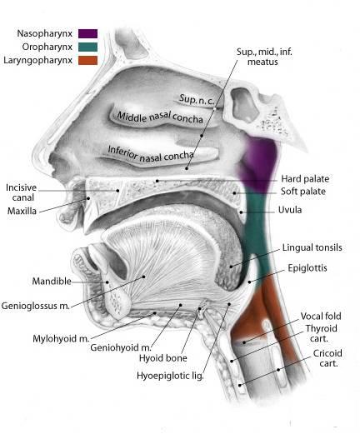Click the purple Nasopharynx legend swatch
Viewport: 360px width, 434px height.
(87, 33)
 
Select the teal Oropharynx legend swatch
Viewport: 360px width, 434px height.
(87, 47)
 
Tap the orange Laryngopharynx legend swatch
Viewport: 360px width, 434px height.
(87, 60)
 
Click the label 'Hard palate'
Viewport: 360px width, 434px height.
(305, 179)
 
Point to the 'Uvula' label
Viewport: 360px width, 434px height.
(290, 210)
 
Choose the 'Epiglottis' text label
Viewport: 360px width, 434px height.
(307, 268)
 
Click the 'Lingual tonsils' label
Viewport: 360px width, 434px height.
(312, 247)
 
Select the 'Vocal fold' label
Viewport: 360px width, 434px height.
(321, 316)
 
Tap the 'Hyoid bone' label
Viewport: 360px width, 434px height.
(163, 358)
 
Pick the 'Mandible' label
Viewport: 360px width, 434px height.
(52, 281)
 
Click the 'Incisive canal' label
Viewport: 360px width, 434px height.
(22, 192)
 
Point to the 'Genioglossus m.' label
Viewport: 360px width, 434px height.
(36, 306)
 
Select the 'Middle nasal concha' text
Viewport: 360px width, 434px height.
(160, 117)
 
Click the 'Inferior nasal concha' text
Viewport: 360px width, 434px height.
(151, 154)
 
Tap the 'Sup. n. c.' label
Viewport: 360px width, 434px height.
(197, 99)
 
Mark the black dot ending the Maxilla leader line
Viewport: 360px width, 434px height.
(88, 198)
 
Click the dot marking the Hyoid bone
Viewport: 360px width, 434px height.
(199, 308)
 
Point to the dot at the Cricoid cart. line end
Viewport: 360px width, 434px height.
(278, 370)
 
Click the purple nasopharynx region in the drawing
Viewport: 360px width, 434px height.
(258, 164)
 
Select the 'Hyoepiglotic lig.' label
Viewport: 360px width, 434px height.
(170, 376)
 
